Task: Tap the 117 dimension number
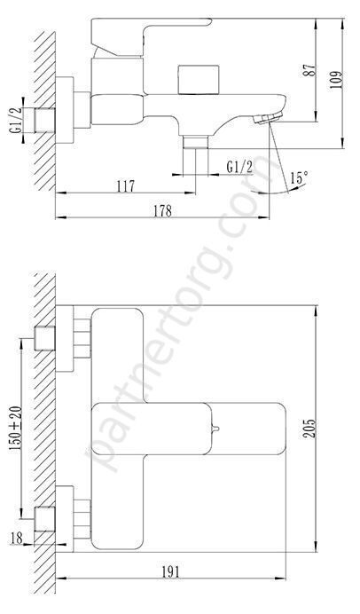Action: point(124,185)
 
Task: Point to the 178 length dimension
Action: point(160,210)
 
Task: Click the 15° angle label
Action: point(299,178)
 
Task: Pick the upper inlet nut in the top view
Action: point(81,340)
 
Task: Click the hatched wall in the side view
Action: point(45,106)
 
